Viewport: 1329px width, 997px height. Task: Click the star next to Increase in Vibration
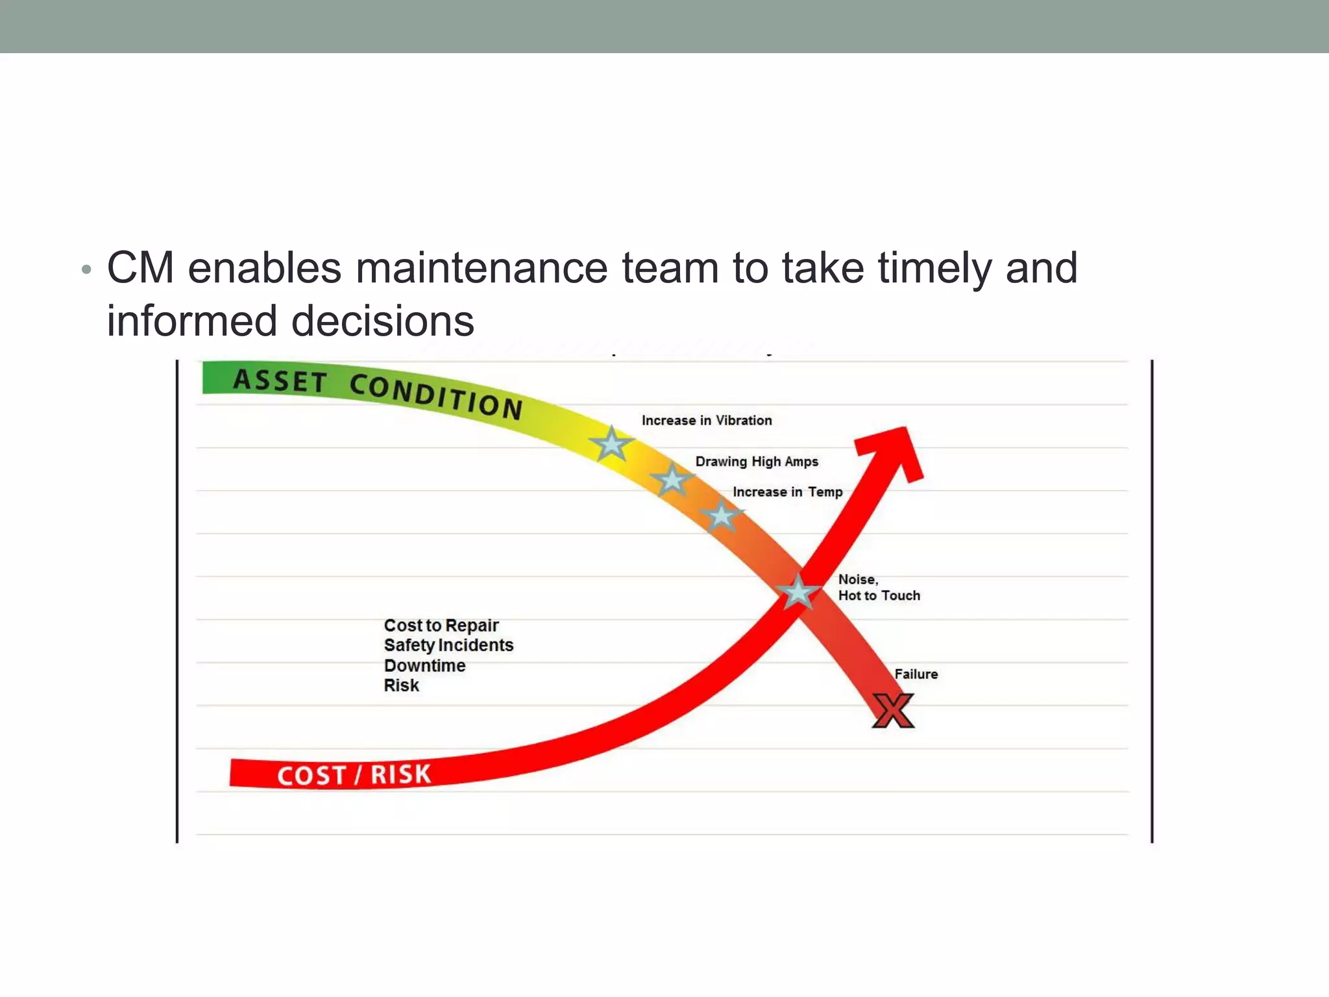[x=611, y=445]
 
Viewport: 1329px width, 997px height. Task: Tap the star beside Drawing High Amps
[x=672, y=480]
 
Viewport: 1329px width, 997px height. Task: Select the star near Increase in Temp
[x=721, y=517]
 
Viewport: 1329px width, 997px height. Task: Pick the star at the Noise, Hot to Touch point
[x=798, y=592]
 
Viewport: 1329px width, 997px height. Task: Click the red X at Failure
[x=893, y=711]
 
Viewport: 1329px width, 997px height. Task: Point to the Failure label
[x=916, y=674]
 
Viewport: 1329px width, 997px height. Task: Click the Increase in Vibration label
[x=707, y=421]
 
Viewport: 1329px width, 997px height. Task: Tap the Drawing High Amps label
[x=757, y=462]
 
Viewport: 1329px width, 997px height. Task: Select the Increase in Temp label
[x=787, y=492]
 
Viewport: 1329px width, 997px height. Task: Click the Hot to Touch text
[x=879, y=596]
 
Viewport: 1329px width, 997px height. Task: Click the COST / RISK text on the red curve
[x=354, y=775]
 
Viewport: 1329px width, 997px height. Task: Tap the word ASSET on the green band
[x=280, y=381]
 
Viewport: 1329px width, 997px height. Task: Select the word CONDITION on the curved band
[x=436, y=396]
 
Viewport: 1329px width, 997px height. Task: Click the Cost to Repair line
[x=441, y=626]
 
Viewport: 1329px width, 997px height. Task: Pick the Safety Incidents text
[x=448, y=645]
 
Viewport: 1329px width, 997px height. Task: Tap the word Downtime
[x=424, y=666]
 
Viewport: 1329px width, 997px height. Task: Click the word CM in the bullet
[x=141, y=267]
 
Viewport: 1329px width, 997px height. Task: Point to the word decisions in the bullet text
[x=382, y=321]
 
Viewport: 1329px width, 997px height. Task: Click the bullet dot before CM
[x=86, y=269]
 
